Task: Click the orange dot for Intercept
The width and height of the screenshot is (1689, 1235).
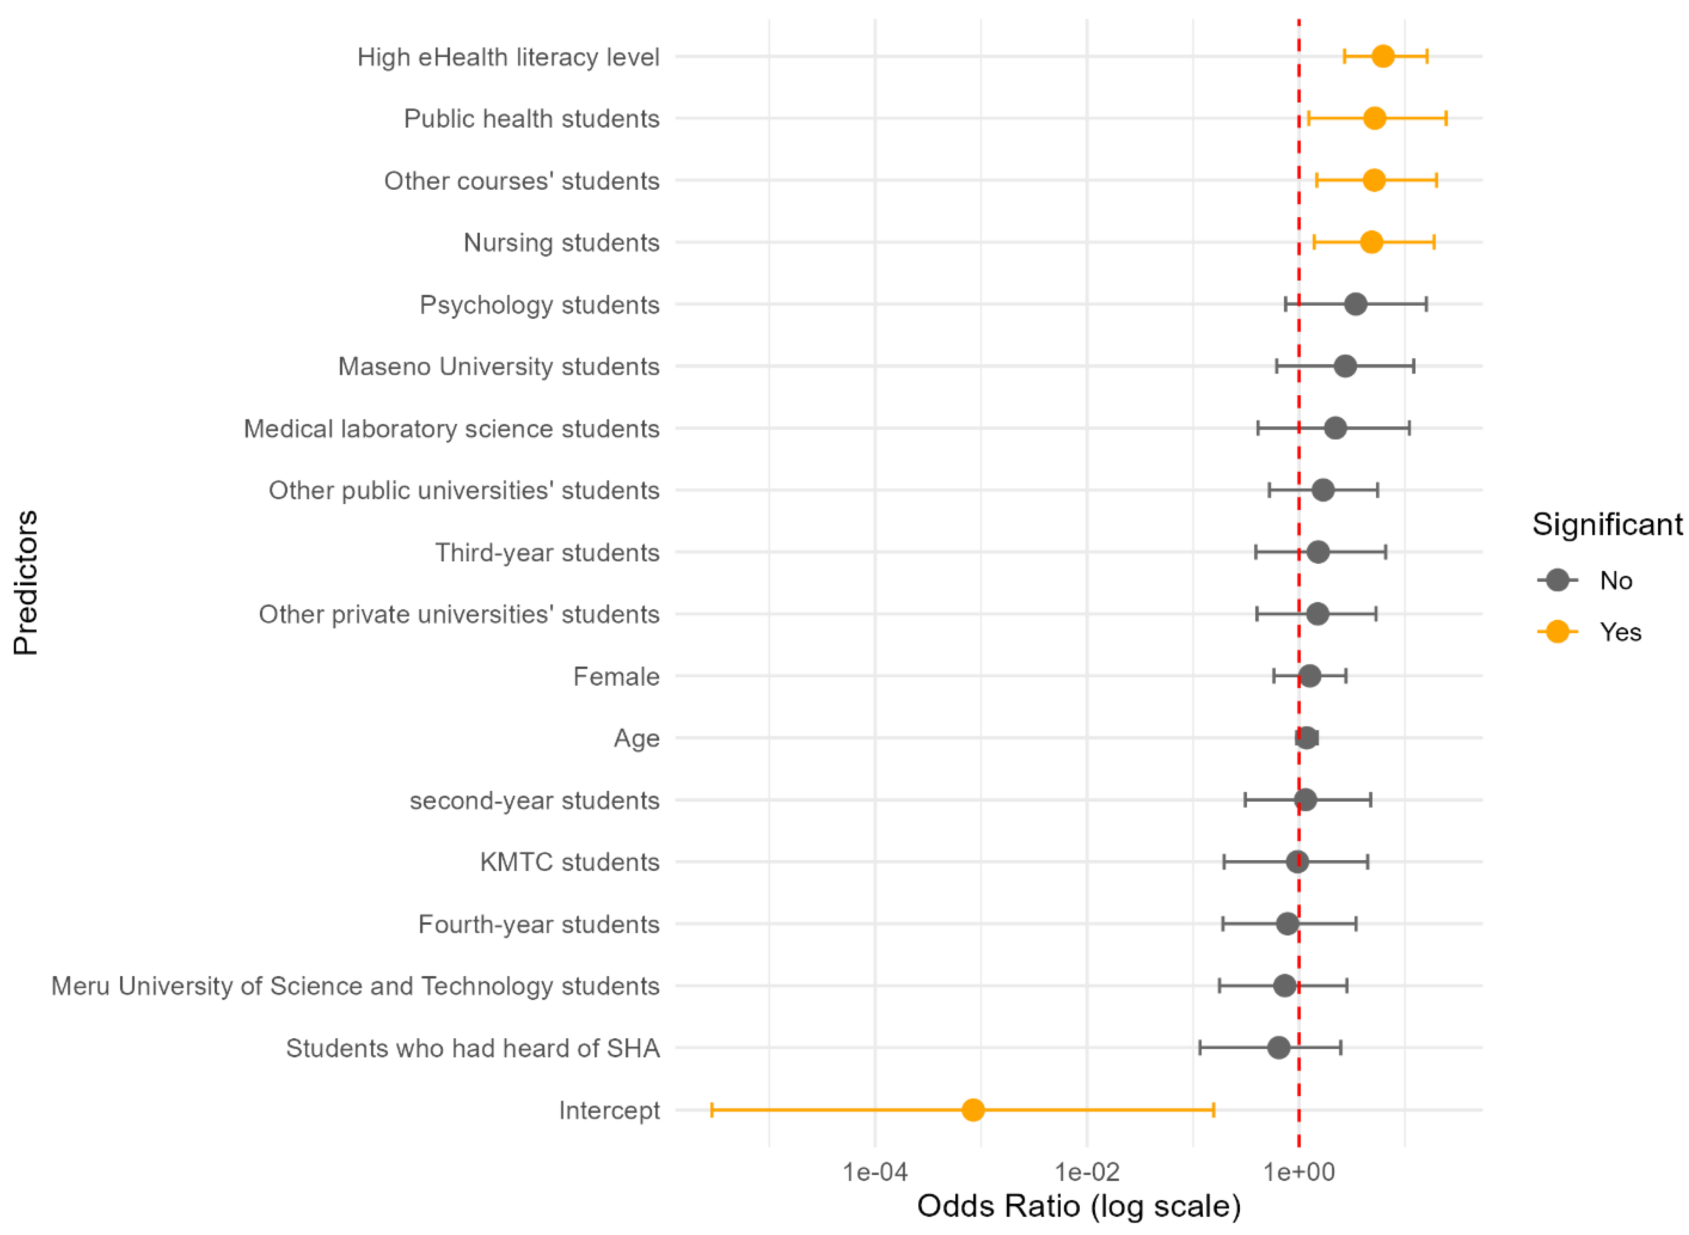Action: (x=972, y=1109)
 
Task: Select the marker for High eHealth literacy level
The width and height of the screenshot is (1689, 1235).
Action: (x=1382, y=56)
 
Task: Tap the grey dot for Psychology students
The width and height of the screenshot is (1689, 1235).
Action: (x=1355, y=304)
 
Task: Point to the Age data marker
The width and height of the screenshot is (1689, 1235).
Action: (x=1305, y=738)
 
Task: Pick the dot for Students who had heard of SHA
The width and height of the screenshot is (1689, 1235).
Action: (x=1278, y=1048)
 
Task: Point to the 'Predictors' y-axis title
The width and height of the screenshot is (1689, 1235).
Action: (x=26, y=582)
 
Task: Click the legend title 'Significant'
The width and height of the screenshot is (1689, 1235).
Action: (x=1607, y=524)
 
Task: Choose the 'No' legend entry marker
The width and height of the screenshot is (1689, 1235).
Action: (x=1557, y=580)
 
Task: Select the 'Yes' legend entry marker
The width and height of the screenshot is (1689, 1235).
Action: (x=1557, y=632)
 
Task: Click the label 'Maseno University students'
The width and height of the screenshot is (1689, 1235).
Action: (x=499, y=367)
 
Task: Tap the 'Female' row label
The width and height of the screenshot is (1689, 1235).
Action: (x=616, y=676)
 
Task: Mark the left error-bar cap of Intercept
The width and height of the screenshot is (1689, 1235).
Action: (x=712, y=1109)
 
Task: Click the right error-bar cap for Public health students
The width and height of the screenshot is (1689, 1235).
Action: (x=1445, y=118)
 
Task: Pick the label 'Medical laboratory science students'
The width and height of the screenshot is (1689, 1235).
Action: (x=451, y=428)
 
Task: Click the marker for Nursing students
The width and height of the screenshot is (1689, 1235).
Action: (x=1371, y=242)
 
